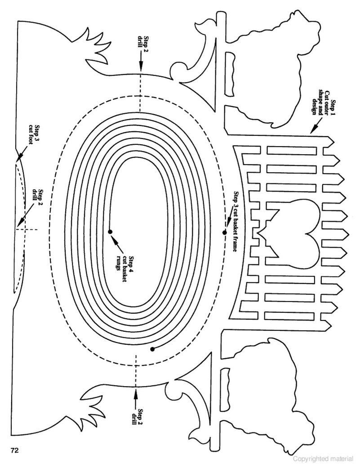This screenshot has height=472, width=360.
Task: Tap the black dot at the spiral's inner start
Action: pyautogui.click(x=110, y=232)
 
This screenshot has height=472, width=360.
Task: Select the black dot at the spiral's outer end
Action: pyautogui.click(x=153, y=349)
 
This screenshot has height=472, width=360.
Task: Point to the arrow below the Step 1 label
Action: pyautogui.click(x=316, y=125)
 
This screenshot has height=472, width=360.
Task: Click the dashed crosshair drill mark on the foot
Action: pyautogui.click(x=25, y=230)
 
